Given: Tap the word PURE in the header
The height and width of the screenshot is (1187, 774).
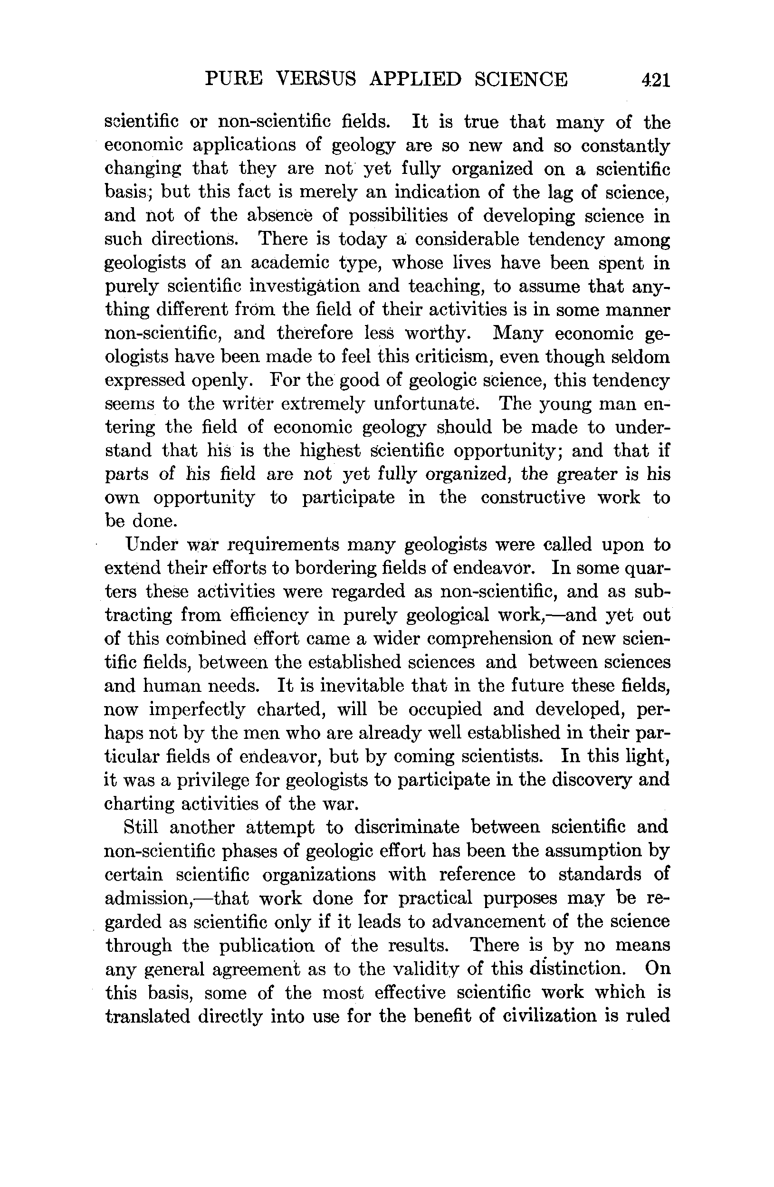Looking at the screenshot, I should pyautogui.click(x=233, y=79).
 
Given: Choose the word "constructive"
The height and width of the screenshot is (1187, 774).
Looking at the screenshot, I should pyautogui.click(x=533, y=498).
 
